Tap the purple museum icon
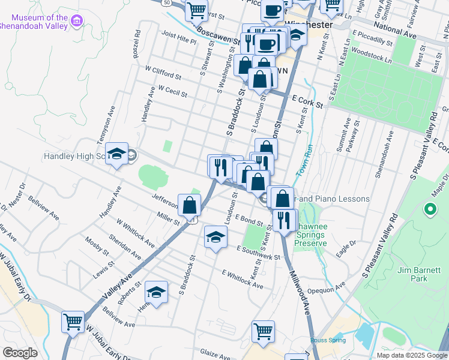coord(77,22)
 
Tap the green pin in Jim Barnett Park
coord(430,209)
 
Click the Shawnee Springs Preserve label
coord(310,239)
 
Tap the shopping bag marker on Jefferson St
coord(189,205)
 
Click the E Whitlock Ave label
coord(242,280)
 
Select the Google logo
coord(20,353)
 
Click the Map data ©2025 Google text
coord(412,355)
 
